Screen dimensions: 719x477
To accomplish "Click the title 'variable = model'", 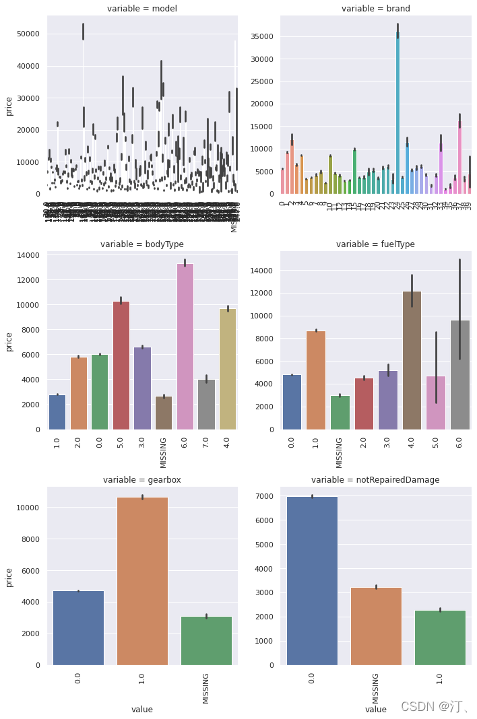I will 141,9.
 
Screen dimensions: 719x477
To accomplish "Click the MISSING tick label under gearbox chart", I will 206,687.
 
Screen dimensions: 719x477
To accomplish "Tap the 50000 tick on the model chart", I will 26,34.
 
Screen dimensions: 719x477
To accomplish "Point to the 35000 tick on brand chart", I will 261,36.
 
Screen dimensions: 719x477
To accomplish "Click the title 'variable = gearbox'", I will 141,480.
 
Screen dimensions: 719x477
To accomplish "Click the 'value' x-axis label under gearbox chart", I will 142,709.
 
